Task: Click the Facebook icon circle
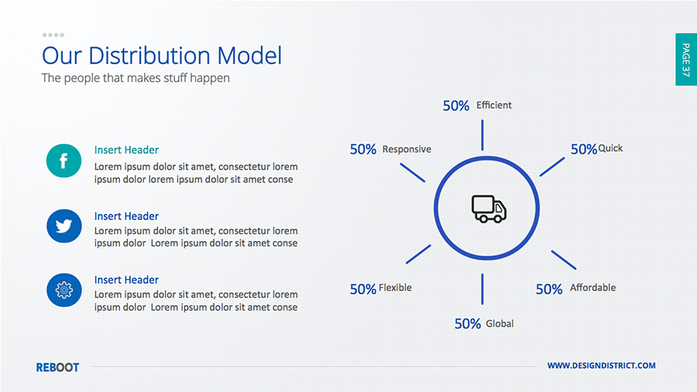(x=64, y=161)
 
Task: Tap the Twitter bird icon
(x=64, y=226)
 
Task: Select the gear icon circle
(x=64, y=291)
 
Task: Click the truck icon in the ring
(x=489, y=208)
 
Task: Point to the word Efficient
(x=494, y=105)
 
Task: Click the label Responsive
(x=407, y=150)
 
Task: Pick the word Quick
(x=610, y=149)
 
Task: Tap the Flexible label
(x=395, y=288)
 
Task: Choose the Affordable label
(x=593, y=287)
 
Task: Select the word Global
(x=500, y=324)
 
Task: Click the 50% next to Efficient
(x=456, y=106)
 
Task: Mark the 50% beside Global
(x=468, y=324)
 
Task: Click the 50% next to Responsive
(x=363, y=150)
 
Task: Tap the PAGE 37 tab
(x=686, y=59)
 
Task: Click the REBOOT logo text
(x=58, y=367)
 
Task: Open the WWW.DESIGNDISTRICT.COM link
(x=602, y=366)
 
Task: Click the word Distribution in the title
(x=149, y=56)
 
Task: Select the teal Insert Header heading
(x=126, y=150)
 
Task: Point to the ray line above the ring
(x=482, y=135)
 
